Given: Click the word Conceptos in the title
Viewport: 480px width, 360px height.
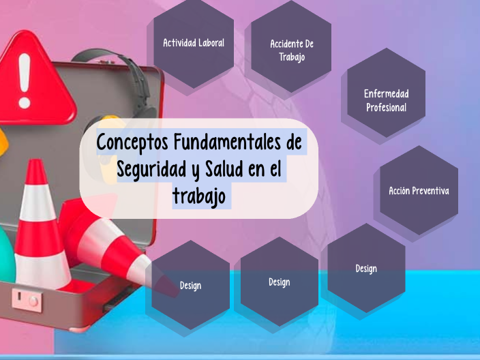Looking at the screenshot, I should click(132, 144).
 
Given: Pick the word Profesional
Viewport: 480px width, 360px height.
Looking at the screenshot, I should click(386, 108).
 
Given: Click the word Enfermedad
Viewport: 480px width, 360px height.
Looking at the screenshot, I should click(386, 93).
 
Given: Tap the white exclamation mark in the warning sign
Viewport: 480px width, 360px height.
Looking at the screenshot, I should click(25, 80).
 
